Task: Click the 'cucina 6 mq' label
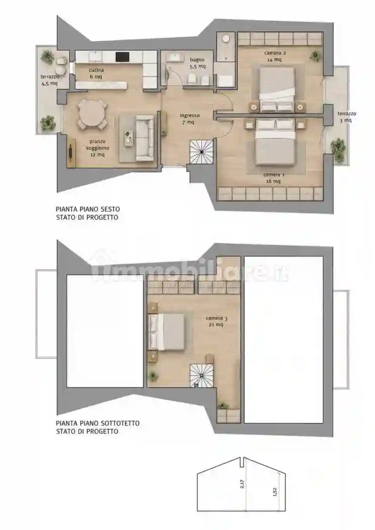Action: (x=96, y=73)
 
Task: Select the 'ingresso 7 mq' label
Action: (x=190, y=119)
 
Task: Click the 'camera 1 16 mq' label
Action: (x=274, y=178)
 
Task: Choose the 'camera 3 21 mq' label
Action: (x=217, y=322)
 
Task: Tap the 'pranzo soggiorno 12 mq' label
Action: (x=97, y=148)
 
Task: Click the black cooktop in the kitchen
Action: (x=122, y=57)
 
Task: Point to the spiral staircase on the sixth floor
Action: (x=201, y=152)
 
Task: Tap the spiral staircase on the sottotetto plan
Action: (x=201, y=376)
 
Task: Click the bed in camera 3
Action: (x=166, y=332)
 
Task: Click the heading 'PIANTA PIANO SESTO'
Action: (x=87, y=209)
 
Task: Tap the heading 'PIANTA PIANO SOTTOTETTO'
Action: (x=97, y=423)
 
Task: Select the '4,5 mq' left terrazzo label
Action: (x=49, y=83)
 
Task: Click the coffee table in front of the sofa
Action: (x=128, y=138)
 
